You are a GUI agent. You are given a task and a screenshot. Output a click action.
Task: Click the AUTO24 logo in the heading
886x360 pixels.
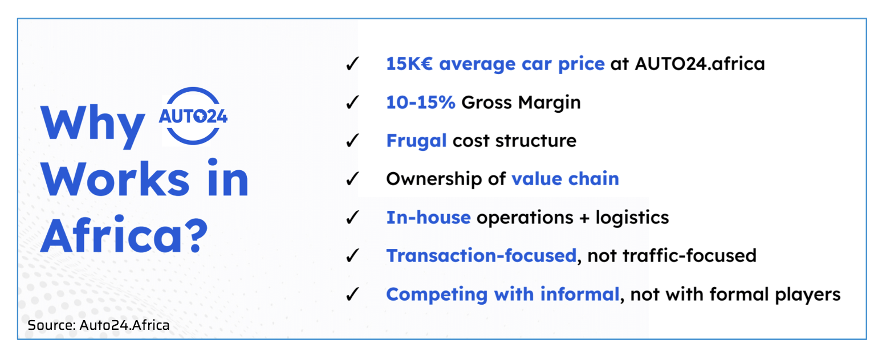coord(193,116)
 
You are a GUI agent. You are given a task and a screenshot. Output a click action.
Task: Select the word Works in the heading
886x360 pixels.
coord(115,179)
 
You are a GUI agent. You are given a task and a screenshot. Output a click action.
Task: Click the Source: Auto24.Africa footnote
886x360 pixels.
coord(99,325)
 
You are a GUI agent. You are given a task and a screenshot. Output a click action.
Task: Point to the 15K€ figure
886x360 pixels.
coord(409,64)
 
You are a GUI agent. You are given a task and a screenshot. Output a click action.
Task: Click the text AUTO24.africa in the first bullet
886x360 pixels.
coord(700,64)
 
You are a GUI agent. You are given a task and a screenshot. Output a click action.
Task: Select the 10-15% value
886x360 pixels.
coord(420,103)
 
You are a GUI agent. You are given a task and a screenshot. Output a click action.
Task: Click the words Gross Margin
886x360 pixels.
coord(521,103)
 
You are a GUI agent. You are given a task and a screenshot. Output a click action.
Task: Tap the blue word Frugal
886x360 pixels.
coord(417,141)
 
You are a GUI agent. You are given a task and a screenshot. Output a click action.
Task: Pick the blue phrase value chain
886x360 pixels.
coord(565,179)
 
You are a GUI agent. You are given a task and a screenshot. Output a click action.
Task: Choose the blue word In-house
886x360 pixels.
coord(428,218)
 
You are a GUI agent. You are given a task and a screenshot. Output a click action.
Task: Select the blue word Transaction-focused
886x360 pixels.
coord(481,256)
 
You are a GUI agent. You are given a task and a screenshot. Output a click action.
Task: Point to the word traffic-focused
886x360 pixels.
coord(689,256)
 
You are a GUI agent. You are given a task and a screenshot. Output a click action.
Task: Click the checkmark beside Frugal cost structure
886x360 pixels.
coord(352,140)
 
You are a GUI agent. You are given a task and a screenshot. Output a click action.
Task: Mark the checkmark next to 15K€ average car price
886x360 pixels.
coord(352,63)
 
